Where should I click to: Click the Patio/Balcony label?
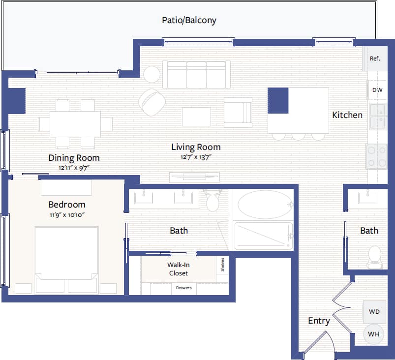coord(189,21)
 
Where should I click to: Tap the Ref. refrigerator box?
coord(375,59)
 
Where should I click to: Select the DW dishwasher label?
coord(377,90)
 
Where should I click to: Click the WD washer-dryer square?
coord(374,311)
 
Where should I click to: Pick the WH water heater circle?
coord(374,334)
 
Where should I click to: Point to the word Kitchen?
coord(347,115)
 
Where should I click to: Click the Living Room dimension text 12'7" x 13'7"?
coord(195,157)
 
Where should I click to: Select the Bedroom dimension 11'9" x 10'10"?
coord(66,214)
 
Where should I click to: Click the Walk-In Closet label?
coord(178,269)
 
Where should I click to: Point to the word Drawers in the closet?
coord(184,288)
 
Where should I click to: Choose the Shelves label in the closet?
coord(223,265)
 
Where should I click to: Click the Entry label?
coord(319,321)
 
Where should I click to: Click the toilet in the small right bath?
coord(375,257)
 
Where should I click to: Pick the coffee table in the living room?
coord(196,117)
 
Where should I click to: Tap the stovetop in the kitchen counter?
coord(376,156)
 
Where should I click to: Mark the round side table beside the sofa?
coord(152,74)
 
